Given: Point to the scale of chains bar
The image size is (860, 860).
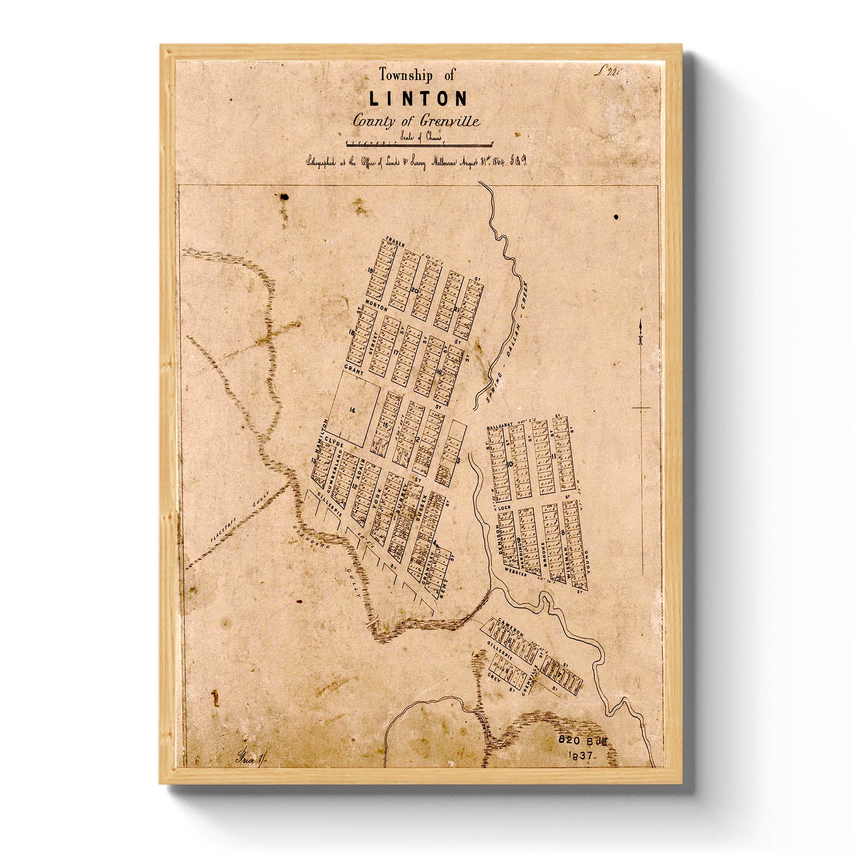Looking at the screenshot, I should pos(419,144).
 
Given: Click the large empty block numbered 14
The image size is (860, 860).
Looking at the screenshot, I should pos(352,410).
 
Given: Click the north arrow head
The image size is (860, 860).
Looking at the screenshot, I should pos(641,326).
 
